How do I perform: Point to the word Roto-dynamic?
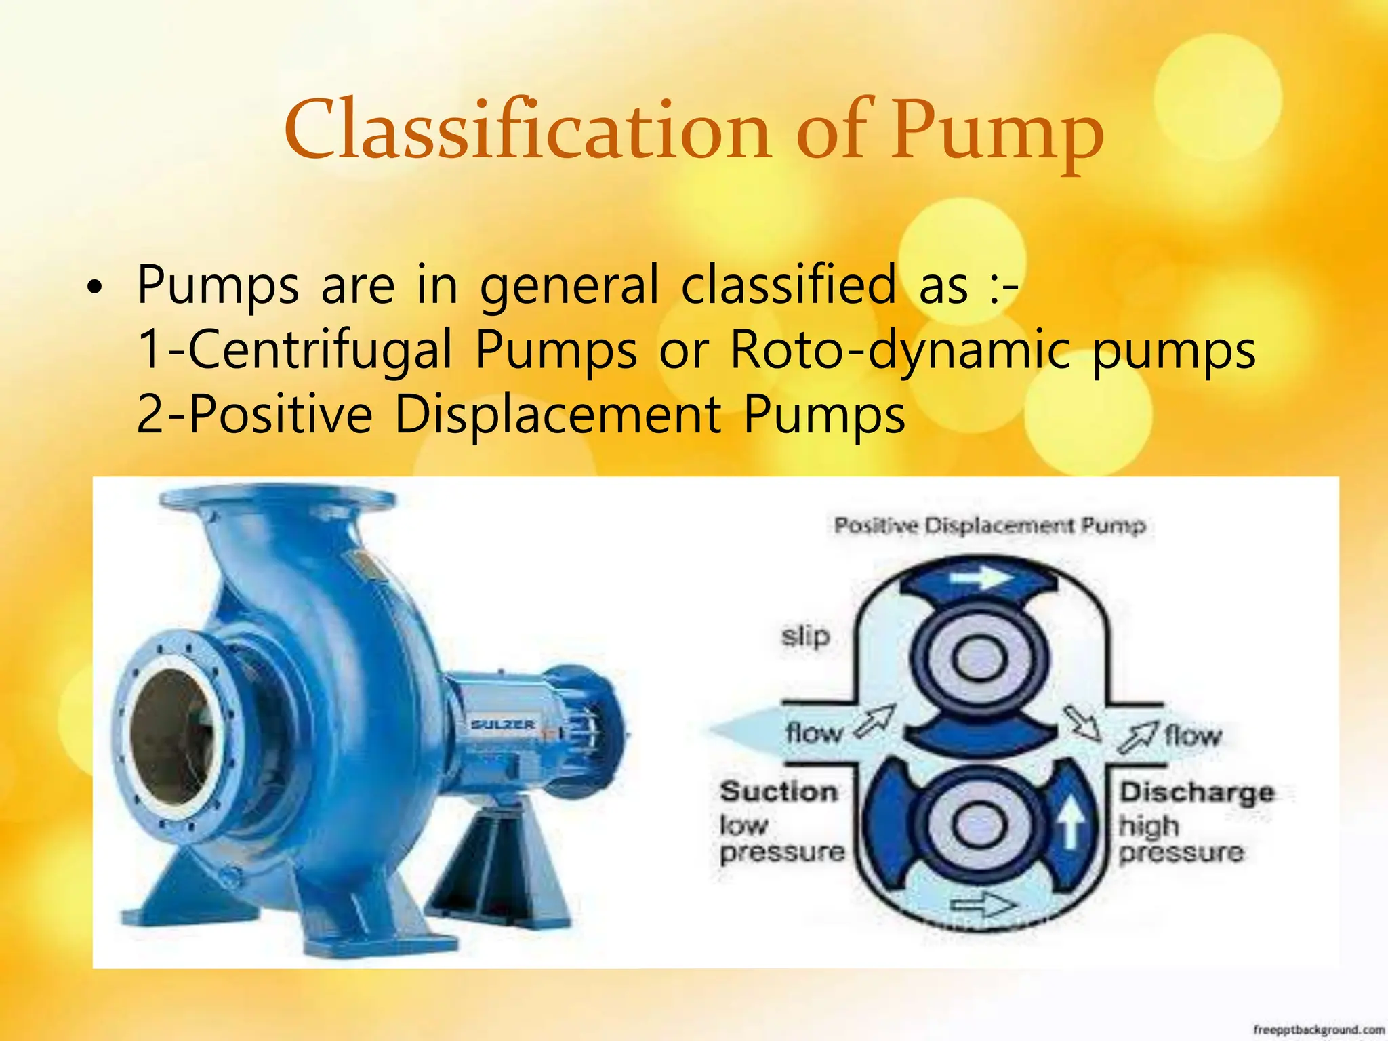tap(901, 350)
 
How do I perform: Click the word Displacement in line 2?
tap(558, 414)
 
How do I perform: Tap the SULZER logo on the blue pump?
tap(503, 724)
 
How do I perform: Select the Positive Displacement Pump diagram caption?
tap(989, 525)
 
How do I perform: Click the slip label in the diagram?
tap(805, 636)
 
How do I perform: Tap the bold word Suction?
tap(779, 792)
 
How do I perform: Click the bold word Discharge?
tap(1197, 792)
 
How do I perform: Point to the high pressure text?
tap(1181, 839)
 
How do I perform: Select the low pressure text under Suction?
tap(781, 839)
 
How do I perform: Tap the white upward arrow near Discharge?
tap(1071, 821)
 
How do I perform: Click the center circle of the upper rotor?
tap(979, 659)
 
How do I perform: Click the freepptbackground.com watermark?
tap(1318, 1029)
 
